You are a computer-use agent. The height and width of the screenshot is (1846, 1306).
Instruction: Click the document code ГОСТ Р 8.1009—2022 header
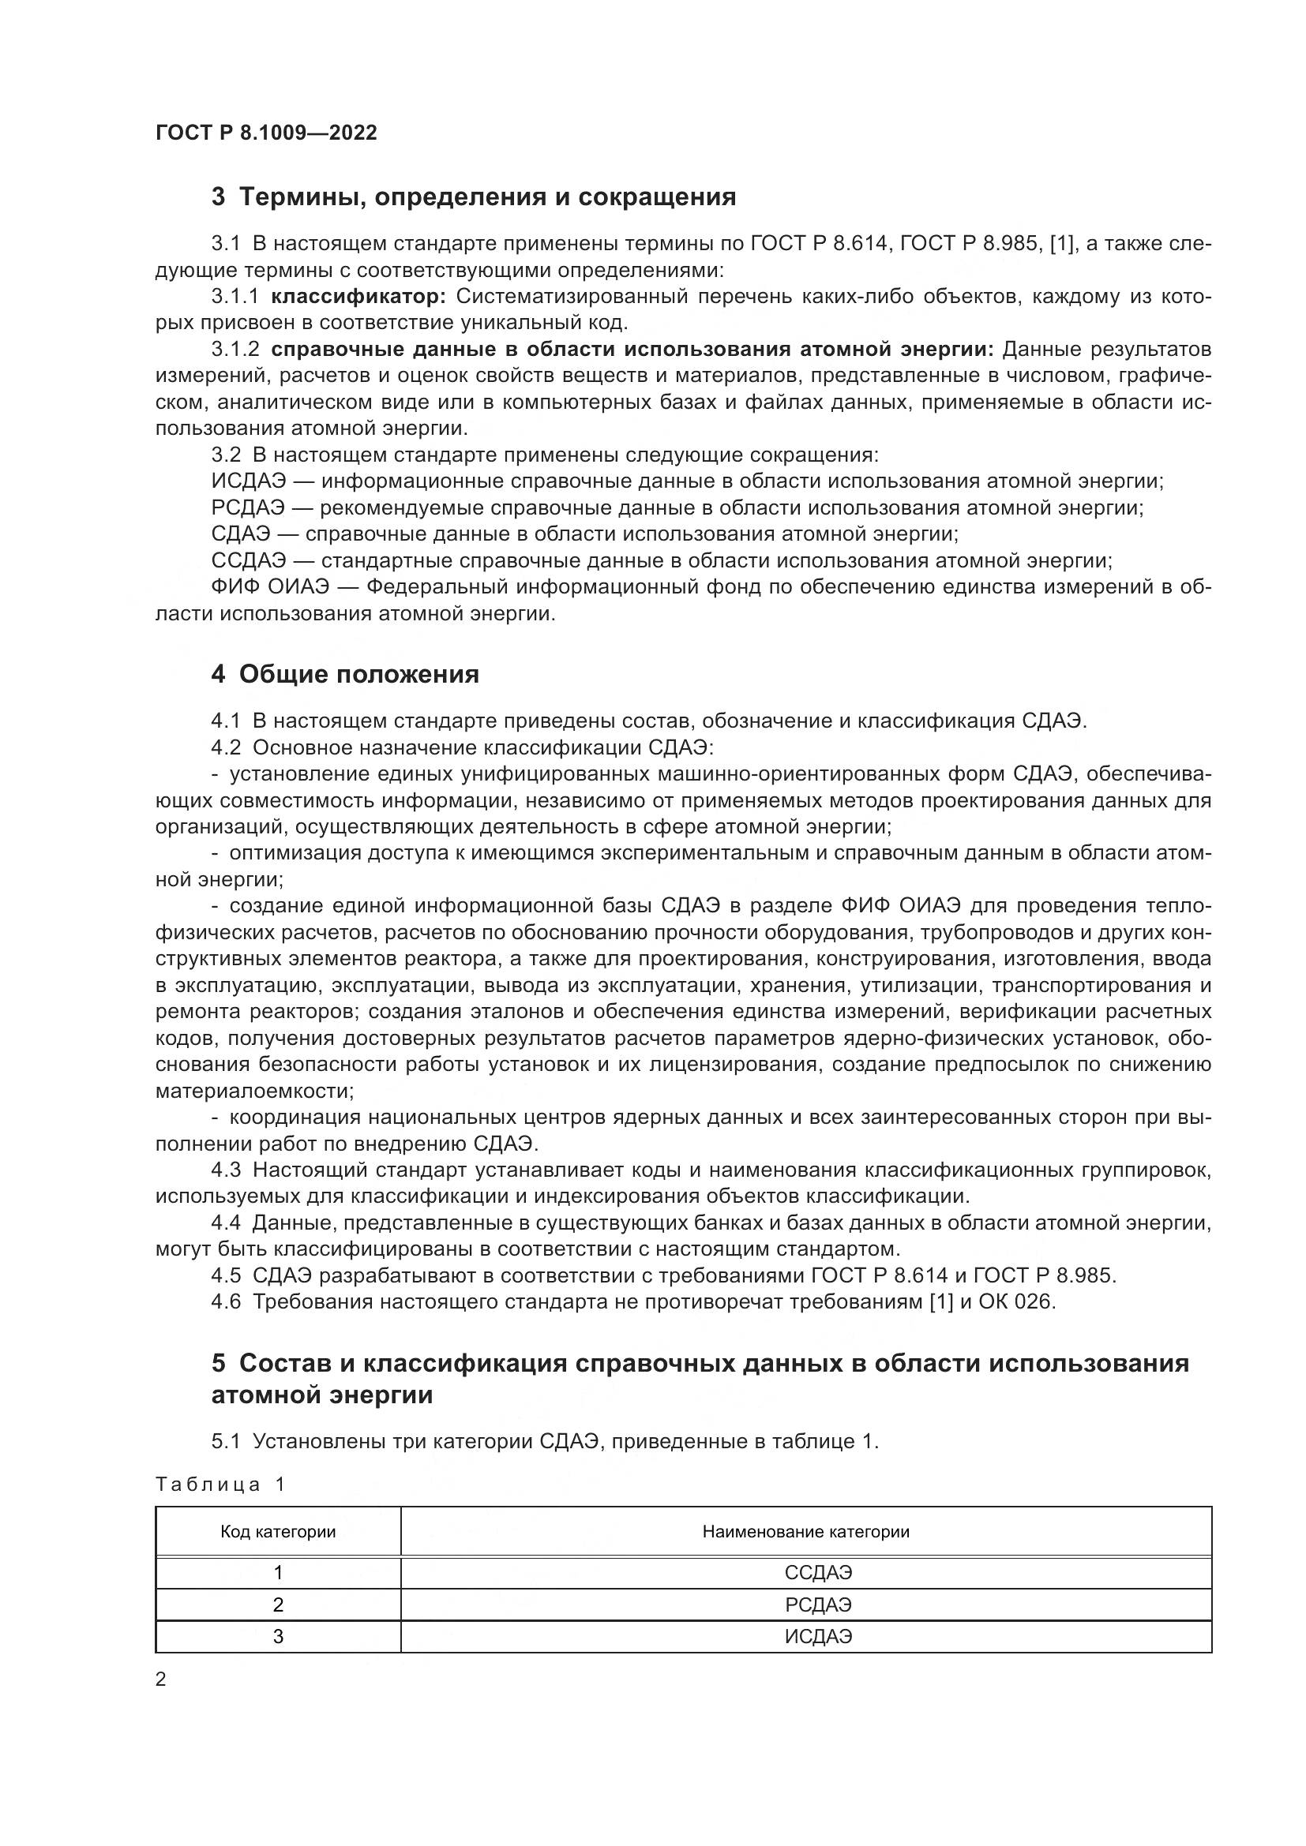tap(266, 133)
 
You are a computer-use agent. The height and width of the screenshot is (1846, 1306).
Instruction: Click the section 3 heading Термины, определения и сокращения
tap(475, 197)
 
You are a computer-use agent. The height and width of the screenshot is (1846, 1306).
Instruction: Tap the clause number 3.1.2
tap(235, 349)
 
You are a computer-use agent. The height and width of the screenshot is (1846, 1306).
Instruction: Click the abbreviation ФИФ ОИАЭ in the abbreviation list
tap(270, 587)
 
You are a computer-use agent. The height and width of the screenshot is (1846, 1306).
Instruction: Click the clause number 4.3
tap(226, 1170)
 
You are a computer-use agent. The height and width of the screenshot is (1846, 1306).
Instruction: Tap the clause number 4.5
tap(226, 1275)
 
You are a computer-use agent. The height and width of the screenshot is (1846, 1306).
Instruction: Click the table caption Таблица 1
tap(220, 1485)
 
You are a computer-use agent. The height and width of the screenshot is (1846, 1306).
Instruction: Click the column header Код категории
tap(278, 1532)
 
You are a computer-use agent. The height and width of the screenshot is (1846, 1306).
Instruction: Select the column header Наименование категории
tap(806, 1532)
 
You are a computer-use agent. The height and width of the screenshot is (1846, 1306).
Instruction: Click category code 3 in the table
tap(278, 1636)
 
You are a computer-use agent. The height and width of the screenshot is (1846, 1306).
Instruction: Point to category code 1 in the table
tap(278, 1572)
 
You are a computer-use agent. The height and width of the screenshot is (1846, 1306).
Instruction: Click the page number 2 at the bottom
tap(161, 1679)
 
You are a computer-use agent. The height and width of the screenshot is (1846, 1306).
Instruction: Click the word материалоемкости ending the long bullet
tap(253, 1091)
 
